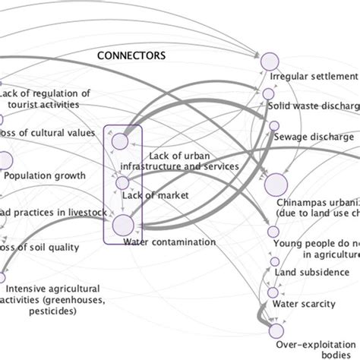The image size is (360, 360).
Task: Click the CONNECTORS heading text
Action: coord(133,56)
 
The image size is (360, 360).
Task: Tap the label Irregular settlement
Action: coord(313,77)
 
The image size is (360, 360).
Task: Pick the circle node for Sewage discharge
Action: coord(269,124)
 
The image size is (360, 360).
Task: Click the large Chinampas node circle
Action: coord(276,184)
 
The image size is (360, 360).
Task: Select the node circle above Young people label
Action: coord(273,232)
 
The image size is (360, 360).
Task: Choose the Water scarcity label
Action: coord(310,305)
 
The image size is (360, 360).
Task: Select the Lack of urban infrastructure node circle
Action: coord(120,141)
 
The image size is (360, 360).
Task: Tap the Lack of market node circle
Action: coord(122,183)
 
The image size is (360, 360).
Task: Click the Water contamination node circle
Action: coord(123,225)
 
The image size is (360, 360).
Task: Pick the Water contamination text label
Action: coord(169,242)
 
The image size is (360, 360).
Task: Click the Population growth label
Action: coord(43,176)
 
